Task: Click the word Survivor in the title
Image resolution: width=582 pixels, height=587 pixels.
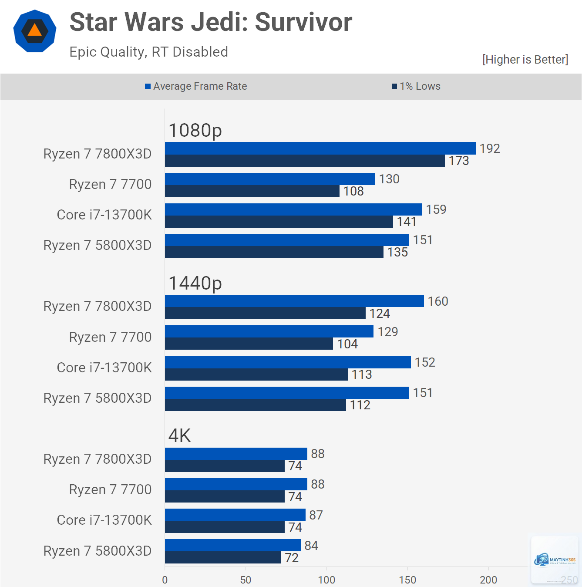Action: [x=303, y=22]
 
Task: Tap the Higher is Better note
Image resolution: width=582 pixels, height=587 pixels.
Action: [x=525, y=59]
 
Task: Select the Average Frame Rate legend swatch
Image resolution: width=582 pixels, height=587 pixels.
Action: [x=148, y=87]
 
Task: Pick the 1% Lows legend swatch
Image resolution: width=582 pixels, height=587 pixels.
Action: [x=394, y=87]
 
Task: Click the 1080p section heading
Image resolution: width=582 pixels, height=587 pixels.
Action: [x=195, y=130]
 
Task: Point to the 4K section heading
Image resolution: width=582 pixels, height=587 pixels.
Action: [x=179, y=435]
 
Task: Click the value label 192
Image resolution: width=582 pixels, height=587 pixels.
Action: [x=490, y=148]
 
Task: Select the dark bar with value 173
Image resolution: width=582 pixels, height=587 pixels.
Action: [x=305, y=161]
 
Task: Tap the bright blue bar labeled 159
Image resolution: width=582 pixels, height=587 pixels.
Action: [x=293, y=209]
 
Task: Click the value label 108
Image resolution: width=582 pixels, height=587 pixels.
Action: [x=353, y=191]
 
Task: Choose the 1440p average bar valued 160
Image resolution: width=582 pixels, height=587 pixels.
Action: [x=295, y=300]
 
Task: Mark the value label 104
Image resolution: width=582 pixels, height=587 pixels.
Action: [x=347, y=344]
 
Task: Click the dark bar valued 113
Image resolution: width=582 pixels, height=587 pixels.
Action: [x=256, y=374]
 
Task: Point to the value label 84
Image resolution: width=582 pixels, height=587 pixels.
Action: [x=311, y=546]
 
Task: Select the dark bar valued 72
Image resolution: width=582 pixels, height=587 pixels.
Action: [x=223, y=557]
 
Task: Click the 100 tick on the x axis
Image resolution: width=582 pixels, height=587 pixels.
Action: [x=326, y=580]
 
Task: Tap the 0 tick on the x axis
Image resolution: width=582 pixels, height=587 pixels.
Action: [x=165, y=580]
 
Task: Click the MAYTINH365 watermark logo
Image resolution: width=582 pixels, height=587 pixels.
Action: [x=555, y=560]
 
